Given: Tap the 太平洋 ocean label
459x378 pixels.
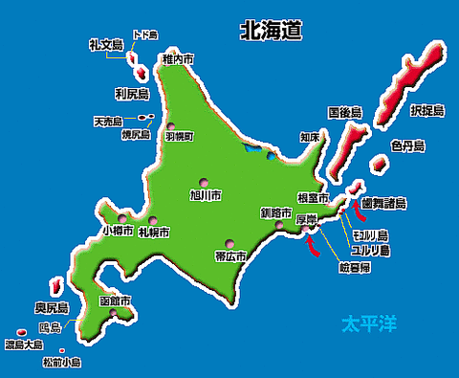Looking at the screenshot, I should pos(369,324).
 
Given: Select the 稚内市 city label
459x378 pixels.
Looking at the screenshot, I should pos(179,59).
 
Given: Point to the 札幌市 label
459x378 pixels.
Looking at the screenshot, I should pos(153,233).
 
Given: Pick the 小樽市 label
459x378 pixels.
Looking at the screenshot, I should pos(117,231).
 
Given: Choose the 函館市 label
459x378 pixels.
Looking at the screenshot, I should pos(115,300).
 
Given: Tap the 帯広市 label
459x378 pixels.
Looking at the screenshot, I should pos(230,256).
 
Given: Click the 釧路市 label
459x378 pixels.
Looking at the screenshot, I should pos(275,212).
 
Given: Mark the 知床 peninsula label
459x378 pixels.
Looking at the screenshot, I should pos(309,138).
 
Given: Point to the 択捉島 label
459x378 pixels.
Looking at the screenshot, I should pos(427,111).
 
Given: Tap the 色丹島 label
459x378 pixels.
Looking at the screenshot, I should pos(407,145).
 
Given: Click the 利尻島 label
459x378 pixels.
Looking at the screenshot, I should pos(131,94).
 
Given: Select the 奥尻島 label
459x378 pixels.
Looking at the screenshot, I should pos(52,308).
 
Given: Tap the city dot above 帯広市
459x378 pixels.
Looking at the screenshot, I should pos(229,242).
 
